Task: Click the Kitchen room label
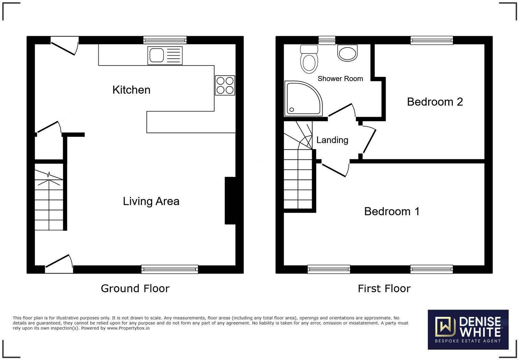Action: [131, 90]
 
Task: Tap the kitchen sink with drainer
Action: [165, 55]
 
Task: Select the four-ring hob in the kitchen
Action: [225, 86]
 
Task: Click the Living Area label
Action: [151, 201]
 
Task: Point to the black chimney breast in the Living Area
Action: [230, 201]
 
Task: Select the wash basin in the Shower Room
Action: [347, 53]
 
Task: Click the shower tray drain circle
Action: [292, 110]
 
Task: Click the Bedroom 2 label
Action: [435, 102]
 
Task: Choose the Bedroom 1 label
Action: [392, 212]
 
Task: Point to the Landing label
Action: [332, 140]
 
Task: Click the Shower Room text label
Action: [340, 79]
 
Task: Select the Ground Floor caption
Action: [135, 289]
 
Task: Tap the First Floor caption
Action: [384, 289]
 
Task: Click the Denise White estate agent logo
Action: [468, 329]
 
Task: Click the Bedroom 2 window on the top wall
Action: [431, 40]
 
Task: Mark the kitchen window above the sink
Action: [165, 40]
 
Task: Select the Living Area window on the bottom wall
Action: [170, 269]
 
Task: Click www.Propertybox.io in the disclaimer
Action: [128, 328]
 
